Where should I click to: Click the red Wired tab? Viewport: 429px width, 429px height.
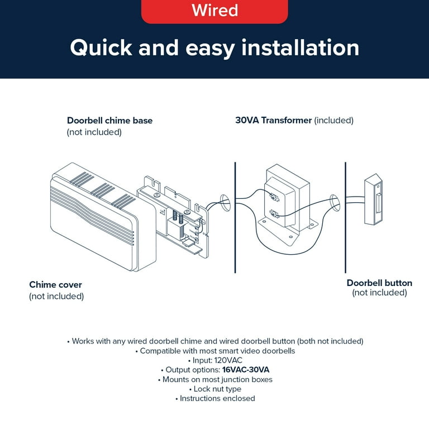(x=214, y=11)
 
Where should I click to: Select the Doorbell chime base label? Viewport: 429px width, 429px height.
(x=109, y=121)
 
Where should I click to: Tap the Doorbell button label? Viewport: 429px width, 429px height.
(x=379, y=283)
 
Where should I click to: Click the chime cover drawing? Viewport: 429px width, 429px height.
(x=92, y=221)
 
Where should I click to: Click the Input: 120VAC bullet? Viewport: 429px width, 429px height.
(x=214, y=360)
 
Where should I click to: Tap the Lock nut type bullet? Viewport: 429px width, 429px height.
(x=214, y=389)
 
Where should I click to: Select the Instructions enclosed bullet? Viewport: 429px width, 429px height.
(x=214, y=398)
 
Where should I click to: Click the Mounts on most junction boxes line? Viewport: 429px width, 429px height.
(x=214, y=379)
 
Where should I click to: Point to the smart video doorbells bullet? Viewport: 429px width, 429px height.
(x=214, y=351)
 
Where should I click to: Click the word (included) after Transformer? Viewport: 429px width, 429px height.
(x=334, y=120)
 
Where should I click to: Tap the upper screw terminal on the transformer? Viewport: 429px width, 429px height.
(x=273, y=196)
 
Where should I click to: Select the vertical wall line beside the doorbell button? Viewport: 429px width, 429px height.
(x=345, y=218)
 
